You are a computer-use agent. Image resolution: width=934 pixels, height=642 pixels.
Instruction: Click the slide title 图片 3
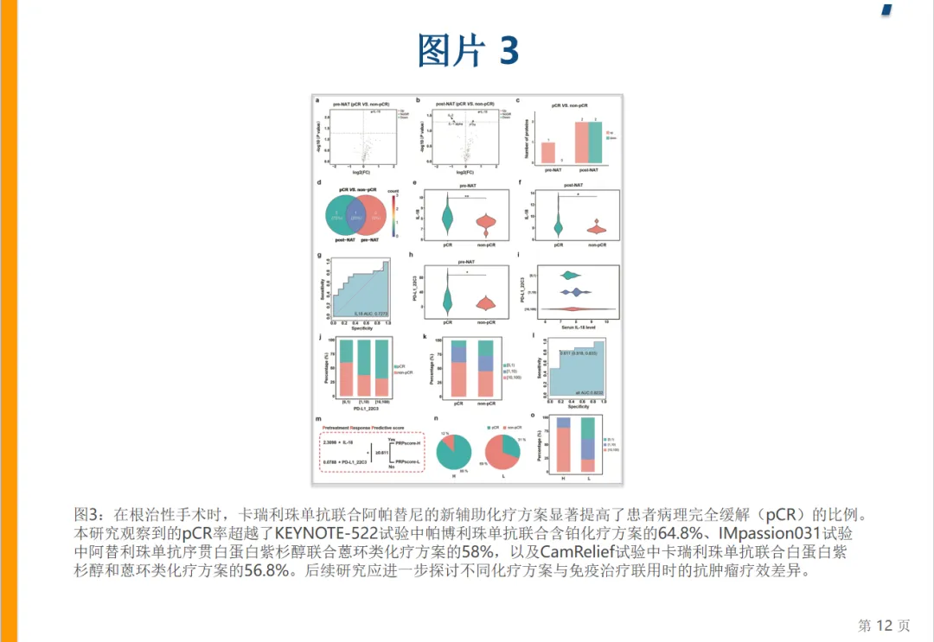coord(468,51)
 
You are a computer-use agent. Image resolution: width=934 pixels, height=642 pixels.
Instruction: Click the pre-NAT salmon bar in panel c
coord(547,153)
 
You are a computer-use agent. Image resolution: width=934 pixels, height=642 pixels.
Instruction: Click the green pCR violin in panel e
coord(446,217)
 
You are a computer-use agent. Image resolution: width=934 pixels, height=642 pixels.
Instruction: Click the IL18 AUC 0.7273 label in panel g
coord(371,312)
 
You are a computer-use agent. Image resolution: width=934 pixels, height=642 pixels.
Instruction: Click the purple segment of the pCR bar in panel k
coord(458,353)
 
